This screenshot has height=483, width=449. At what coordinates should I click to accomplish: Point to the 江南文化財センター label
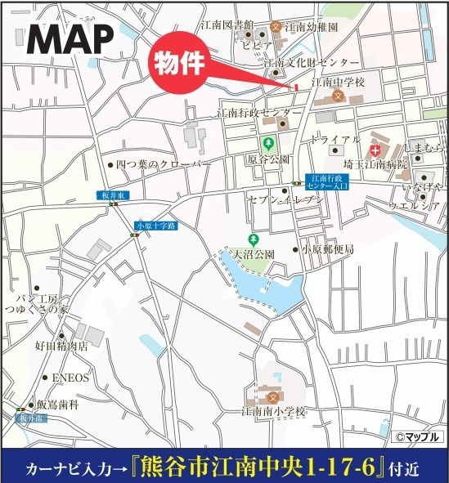tap(310, 62)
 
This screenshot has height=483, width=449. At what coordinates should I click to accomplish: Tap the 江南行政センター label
tap(254, 112)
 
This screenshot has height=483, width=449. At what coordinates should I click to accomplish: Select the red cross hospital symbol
tap(375, 151)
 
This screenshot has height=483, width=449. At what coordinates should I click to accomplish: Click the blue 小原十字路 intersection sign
tap(156, 225)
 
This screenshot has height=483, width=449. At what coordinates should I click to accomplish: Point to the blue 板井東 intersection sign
tap(112, 195)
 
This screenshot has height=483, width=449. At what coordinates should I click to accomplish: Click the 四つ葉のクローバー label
tap(163, 164)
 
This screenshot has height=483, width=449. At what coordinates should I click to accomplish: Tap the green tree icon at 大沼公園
tap(254, 239)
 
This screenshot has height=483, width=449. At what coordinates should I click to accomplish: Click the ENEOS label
tap(70, 378)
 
